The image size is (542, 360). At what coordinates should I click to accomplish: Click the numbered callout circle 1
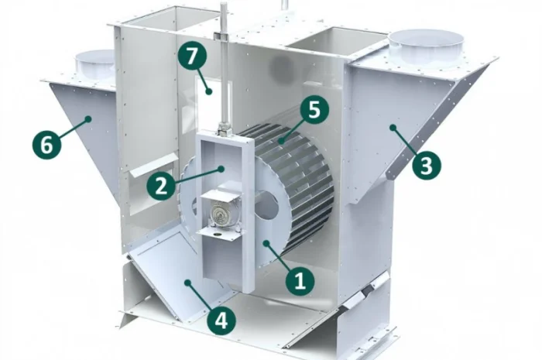click(x=300, y=280)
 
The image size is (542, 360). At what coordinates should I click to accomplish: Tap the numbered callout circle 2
click(x=161, y=186)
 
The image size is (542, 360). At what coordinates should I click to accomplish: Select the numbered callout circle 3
click(x=426, y=165)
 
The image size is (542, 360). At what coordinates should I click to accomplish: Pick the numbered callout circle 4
click(x=221, y=320)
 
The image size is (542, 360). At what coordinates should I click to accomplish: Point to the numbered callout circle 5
click(x=314, y=110)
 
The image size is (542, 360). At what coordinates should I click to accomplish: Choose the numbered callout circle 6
click(x=47, y=144)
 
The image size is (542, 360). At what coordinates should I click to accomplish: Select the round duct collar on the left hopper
click(x=94, y=66)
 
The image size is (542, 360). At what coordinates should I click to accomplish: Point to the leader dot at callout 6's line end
click(x=88, y=119)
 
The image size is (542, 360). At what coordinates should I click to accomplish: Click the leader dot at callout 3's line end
click(x=393, y=128)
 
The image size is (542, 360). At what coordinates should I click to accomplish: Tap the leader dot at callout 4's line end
click(x=187, y=283)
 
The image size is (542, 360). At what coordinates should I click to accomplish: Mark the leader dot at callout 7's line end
click(x=208, y=91)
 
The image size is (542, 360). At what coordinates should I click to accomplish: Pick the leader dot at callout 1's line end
click(x=266, y=244)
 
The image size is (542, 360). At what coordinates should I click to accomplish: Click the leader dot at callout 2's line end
click(x=221, y=169)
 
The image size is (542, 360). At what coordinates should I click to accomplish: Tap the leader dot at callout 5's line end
click(x=282, y=141)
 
